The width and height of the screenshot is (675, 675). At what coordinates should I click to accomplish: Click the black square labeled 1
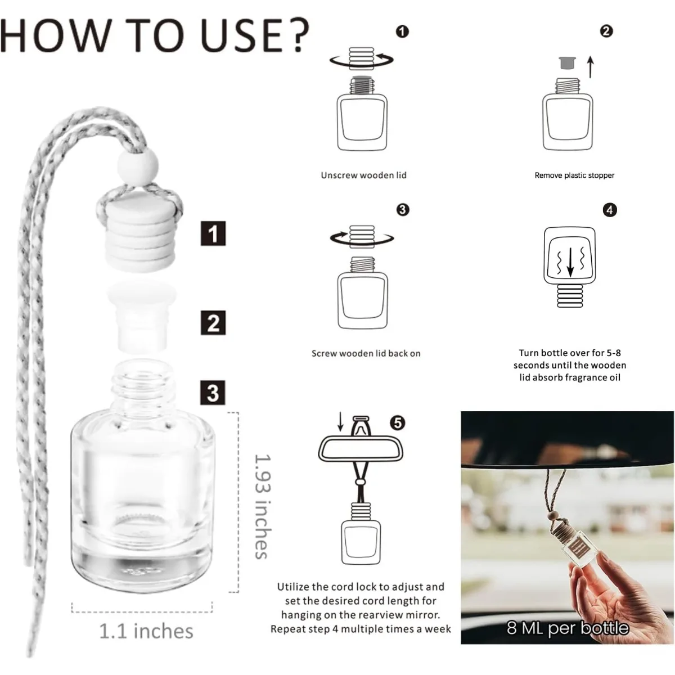(x=213, y=233)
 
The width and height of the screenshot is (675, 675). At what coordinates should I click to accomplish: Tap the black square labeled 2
(x=213, y=323)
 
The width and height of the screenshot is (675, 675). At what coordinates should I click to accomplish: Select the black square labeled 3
(x=213, y=392)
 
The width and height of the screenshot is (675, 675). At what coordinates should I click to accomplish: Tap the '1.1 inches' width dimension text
(x=146, y=631)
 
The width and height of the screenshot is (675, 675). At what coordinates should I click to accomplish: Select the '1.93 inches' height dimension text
(x=262, y=506)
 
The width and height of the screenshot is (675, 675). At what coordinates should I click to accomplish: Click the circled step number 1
(x=402, y=31)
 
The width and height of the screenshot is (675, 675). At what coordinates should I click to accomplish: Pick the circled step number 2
(x=606, y=31)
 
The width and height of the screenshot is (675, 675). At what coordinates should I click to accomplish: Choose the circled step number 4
(x=609, y=210)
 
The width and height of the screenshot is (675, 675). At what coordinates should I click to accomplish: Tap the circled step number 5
(x=398, y=422)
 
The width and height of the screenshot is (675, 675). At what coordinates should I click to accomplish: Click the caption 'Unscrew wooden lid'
(x=363, y=175)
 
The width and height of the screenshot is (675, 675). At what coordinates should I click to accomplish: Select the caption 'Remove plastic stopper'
(x=574, y=175)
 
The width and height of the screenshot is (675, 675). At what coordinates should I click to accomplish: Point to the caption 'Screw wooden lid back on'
(x=366, y=353)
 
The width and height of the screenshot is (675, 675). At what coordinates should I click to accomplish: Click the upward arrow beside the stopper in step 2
(x=590, y=66)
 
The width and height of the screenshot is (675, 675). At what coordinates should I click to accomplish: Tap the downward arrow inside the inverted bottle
(x=570, y=263)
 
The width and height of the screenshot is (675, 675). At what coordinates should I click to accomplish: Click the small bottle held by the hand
(x=579, y=548)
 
